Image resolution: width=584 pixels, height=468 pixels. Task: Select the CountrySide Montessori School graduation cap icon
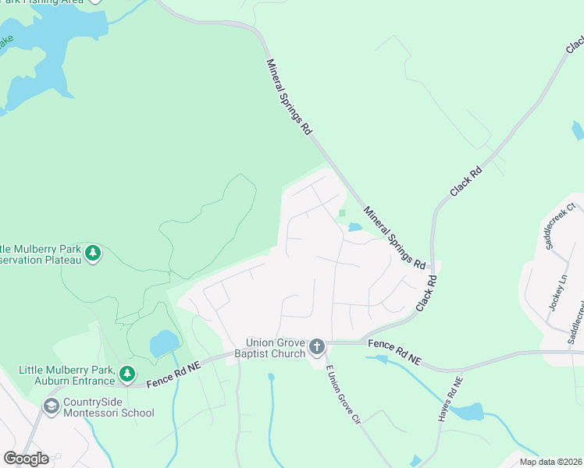pyautogui.click(x=52, y=406)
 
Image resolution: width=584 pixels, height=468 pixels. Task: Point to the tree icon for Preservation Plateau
pyautogui.click(x=93, y=253)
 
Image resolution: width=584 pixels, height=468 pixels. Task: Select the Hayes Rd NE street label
pyautogui.click(x=450, y=401)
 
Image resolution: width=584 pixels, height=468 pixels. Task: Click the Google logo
pyautogui.click(x=26, y=459)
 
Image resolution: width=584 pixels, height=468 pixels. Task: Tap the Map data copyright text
pyautogui.click(x=550, y=462)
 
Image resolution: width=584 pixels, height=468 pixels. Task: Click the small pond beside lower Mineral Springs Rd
pyautogui.click(x=354, y=227)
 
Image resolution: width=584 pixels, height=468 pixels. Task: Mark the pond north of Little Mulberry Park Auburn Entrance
pyautogui.click(x=164, y=342)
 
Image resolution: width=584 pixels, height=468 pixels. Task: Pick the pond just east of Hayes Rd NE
pyautogui.click(x=469, y=411)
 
